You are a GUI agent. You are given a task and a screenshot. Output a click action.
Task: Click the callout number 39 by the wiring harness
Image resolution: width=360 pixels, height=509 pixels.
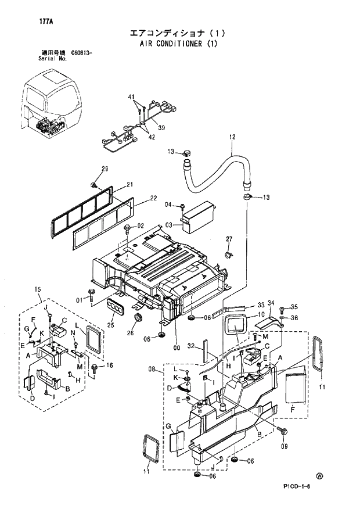point(161,128)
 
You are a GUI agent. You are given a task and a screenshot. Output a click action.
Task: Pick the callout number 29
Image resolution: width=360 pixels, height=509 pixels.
point(105,169)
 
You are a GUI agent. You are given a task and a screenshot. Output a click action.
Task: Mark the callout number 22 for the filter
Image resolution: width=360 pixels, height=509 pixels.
point(153,198)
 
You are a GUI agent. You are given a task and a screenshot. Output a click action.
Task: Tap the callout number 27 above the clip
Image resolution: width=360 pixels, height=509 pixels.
point(229,239)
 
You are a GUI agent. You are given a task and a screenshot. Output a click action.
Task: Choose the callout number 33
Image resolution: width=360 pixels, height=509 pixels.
point(261,304)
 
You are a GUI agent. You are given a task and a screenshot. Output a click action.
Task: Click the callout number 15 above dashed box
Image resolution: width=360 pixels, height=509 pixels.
point(38,289)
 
